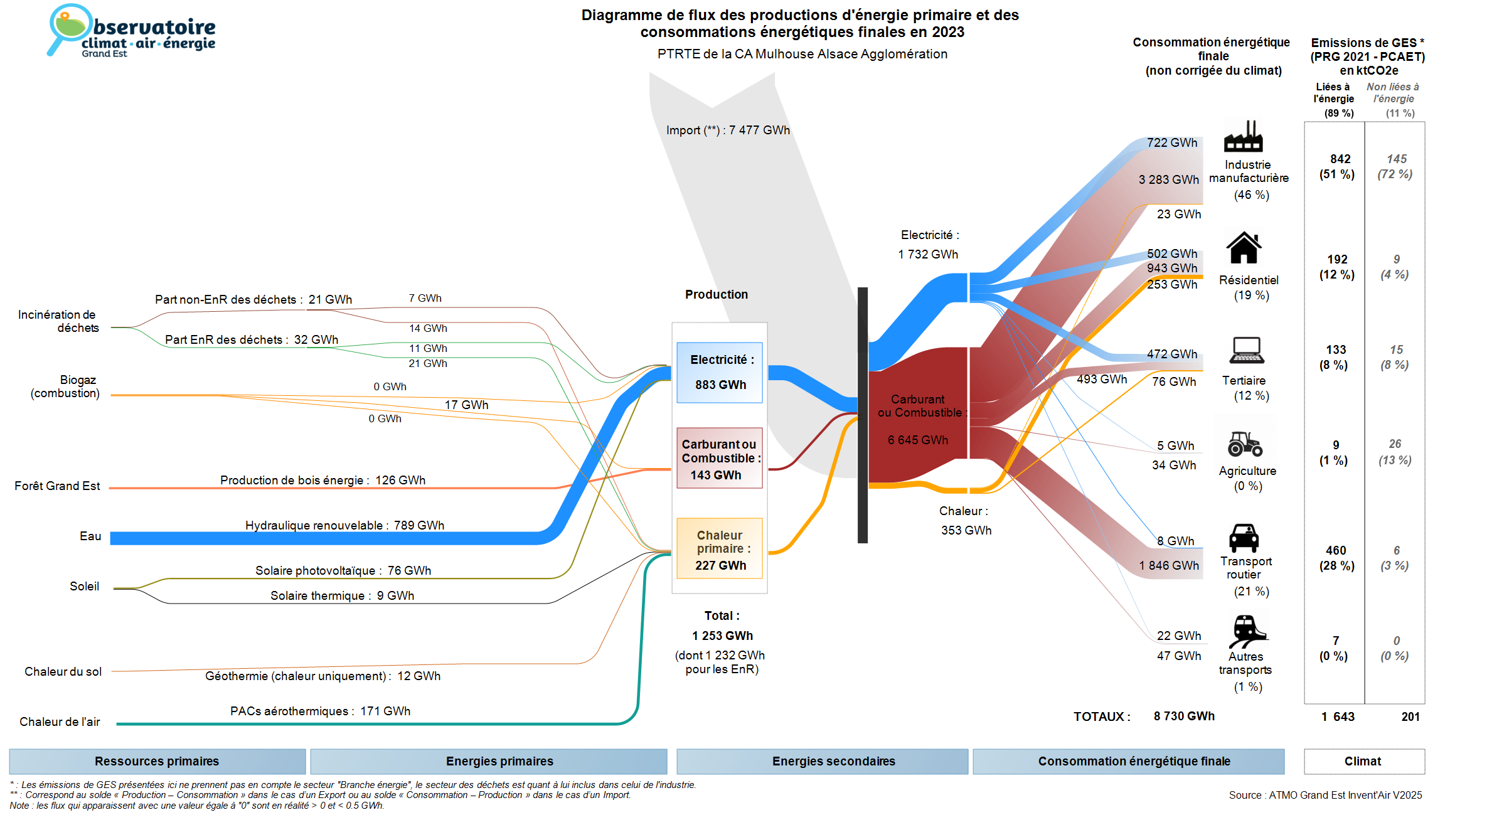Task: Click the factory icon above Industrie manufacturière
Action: [1243, 137]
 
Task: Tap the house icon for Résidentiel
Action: [1244, 248]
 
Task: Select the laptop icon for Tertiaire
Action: [1247, 350]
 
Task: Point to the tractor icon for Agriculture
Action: [1245, 444]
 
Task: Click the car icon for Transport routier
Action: [1244, 538]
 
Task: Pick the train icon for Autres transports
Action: [1247, 631]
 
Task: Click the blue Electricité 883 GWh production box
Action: [720, 372]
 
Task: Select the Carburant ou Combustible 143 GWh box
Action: [720, 459]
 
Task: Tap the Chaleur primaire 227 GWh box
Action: [720, 549]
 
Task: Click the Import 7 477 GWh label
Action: [728, 130]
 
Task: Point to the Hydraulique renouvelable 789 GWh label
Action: [344, 525]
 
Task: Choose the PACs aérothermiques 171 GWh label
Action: [320, 711]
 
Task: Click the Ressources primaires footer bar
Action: [157, 761]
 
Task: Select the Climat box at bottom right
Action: [1363, 761]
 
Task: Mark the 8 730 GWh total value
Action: [1184, 716]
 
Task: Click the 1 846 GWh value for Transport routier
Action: [1169, 565]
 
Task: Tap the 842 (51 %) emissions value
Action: [1337, 167]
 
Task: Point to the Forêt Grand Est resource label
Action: [57, 486]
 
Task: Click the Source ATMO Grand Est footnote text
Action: [1325, 795]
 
